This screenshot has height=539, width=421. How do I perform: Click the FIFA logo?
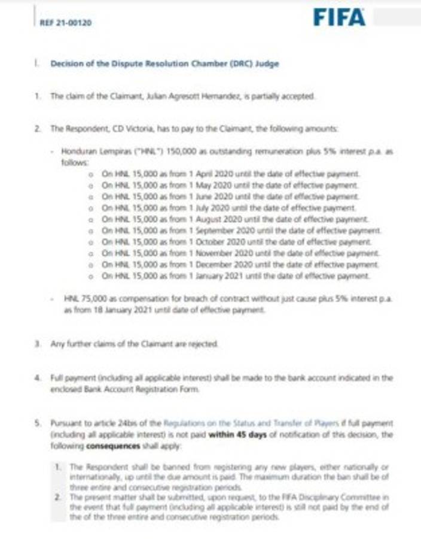coord(339,18)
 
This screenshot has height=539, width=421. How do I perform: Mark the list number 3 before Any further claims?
coord(38,344)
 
